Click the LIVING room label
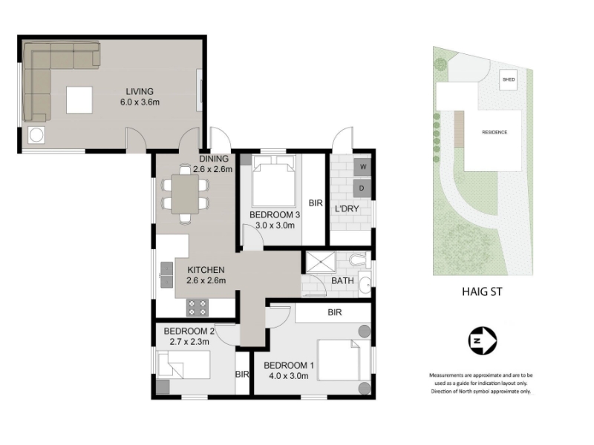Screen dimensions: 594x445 click(140, 91)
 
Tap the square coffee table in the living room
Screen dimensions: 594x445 click(79, 100)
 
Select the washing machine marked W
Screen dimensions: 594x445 click(362, 167)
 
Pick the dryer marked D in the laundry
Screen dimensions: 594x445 click(362, 188)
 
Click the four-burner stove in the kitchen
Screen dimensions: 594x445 click(197, 307)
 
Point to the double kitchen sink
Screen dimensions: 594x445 click(166, 274)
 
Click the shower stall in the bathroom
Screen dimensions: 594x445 click(321, 263)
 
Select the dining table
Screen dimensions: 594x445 click(185, 194)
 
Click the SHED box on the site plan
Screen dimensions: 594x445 click(509, 80)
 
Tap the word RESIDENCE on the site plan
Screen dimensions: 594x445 click(495, 133)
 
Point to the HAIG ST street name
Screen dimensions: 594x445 click(482, 291)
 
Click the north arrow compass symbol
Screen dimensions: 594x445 click(482, 340)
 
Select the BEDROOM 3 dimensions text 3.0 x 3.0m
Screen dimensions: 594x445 click(275, 225)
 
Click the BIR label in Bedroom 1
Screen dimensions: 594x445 click(335, 312)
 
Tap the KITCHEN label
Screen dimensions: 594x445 click(206, 270)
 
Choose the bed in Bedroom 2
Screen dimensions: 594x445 click(183, 364)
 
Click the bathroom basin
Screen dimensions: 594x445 click(365, 284)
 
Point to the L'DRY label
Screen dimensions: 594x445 click(347, 209)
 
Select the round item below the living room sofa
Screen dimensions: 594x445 click(36, 135)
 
